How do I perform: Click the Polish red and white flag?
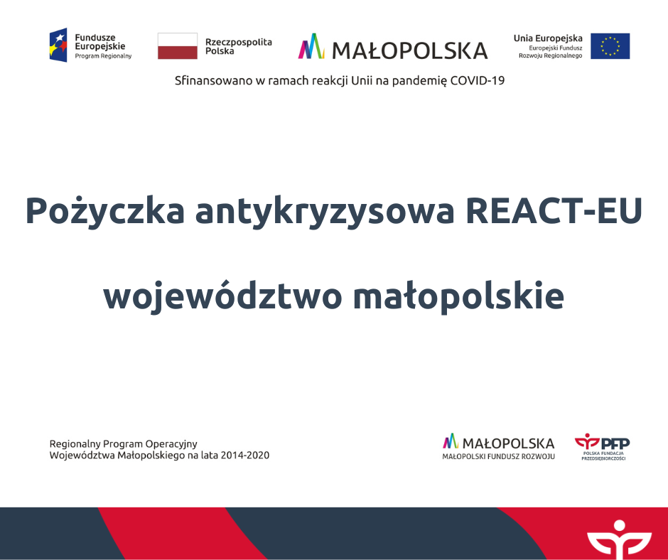[x=178, y=46]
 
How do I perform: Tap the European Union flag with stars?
[x=610, y=46]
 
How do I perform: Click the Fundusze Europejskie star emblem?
[x=58, y=45]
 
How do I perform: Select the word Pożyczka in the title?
[x=104, y=211]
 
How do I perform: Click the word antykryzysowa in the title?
[x=325, y=211]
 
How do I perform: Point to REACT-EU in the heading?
[x=554, y=210]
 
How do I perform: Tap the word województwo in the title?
[x=222, y=296]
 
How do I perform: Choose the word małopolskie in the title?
[x=458, y=296]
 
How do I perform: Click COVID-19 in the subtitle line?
[x=477, y=80]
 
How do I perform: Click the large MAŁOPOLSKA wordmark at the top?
[x=410, y=50]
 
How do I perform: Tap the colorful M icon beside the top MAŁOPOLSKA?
[x=311, y=46]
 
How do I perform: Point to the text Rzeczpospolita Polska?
[x=239, y=46]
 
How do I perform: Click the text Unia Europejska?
[x=548, y=38]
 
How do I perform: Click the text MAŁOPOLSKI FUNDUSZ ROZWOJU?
[x=498, y=456]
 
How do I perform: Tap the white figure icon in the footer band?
[x=619, y=539]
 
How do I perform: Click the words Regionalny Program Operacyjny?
[x=123, y=444]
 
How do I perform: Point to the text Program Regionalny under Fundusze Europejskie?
[x=103, y=56]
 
